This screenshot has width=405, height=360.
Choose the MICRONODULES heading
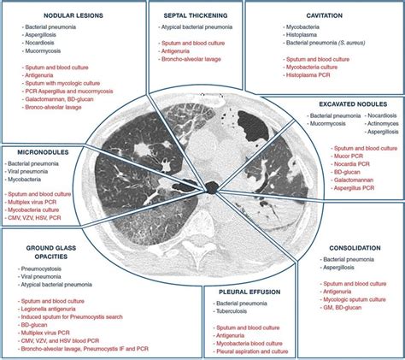[x=38, y=150]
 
